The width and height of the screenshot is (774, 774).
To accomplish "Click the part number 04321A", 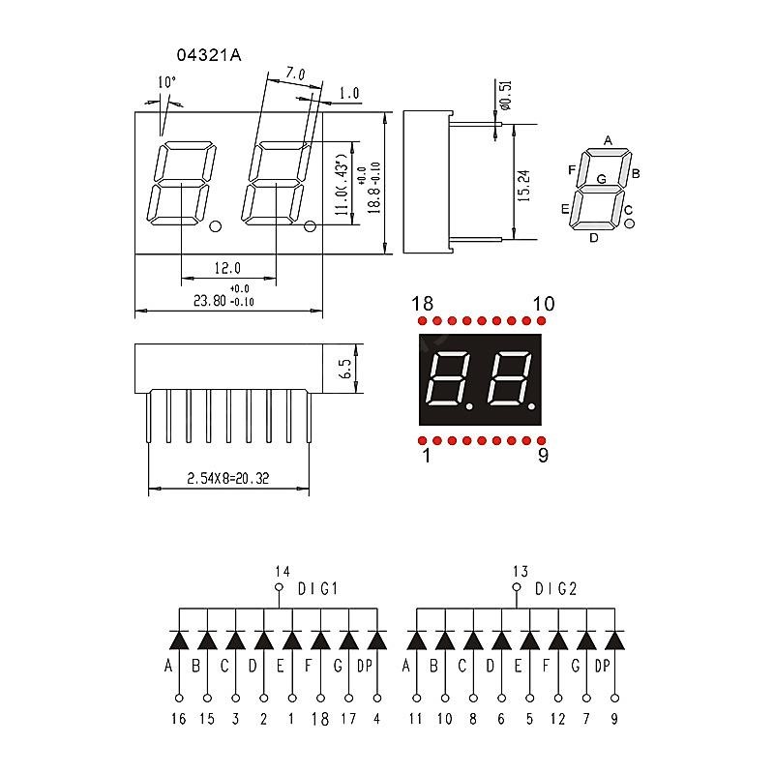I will coord(209,56).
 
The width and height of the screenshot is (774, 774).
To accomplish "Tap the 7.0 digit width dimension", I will coord(294,74).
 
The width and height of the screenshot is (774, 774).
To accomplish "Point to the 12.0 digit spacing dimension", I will coord(227,268).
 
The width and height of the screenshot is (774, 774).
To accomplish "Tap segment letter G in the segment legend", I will coord(601,179).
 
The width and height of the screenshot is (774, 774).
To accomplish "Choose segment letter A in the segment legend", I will coord(608,140).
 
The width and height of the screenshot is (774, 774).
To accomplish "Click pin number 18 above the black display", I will coord(422,305).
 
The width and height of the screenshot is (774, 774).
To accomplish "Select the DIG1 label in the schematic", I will coord(317,588).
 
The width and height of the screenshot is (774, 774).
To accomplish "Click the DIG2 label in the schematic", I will coord(557,588).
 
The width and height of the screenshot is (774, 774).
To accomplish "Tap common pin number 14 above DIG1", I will coord(282,571).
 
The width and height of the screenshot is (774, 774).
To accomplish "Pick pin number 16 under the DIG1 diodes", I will coord(178,719).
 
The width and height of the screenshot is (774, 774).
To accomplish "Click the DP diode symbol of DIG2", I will coord(614,640).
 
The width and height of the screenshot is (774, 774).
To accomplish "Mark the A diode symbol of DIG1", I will coord(179,640).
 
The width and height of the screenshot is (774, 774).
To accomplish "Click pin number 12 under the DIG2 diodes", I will coord(558,719).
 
